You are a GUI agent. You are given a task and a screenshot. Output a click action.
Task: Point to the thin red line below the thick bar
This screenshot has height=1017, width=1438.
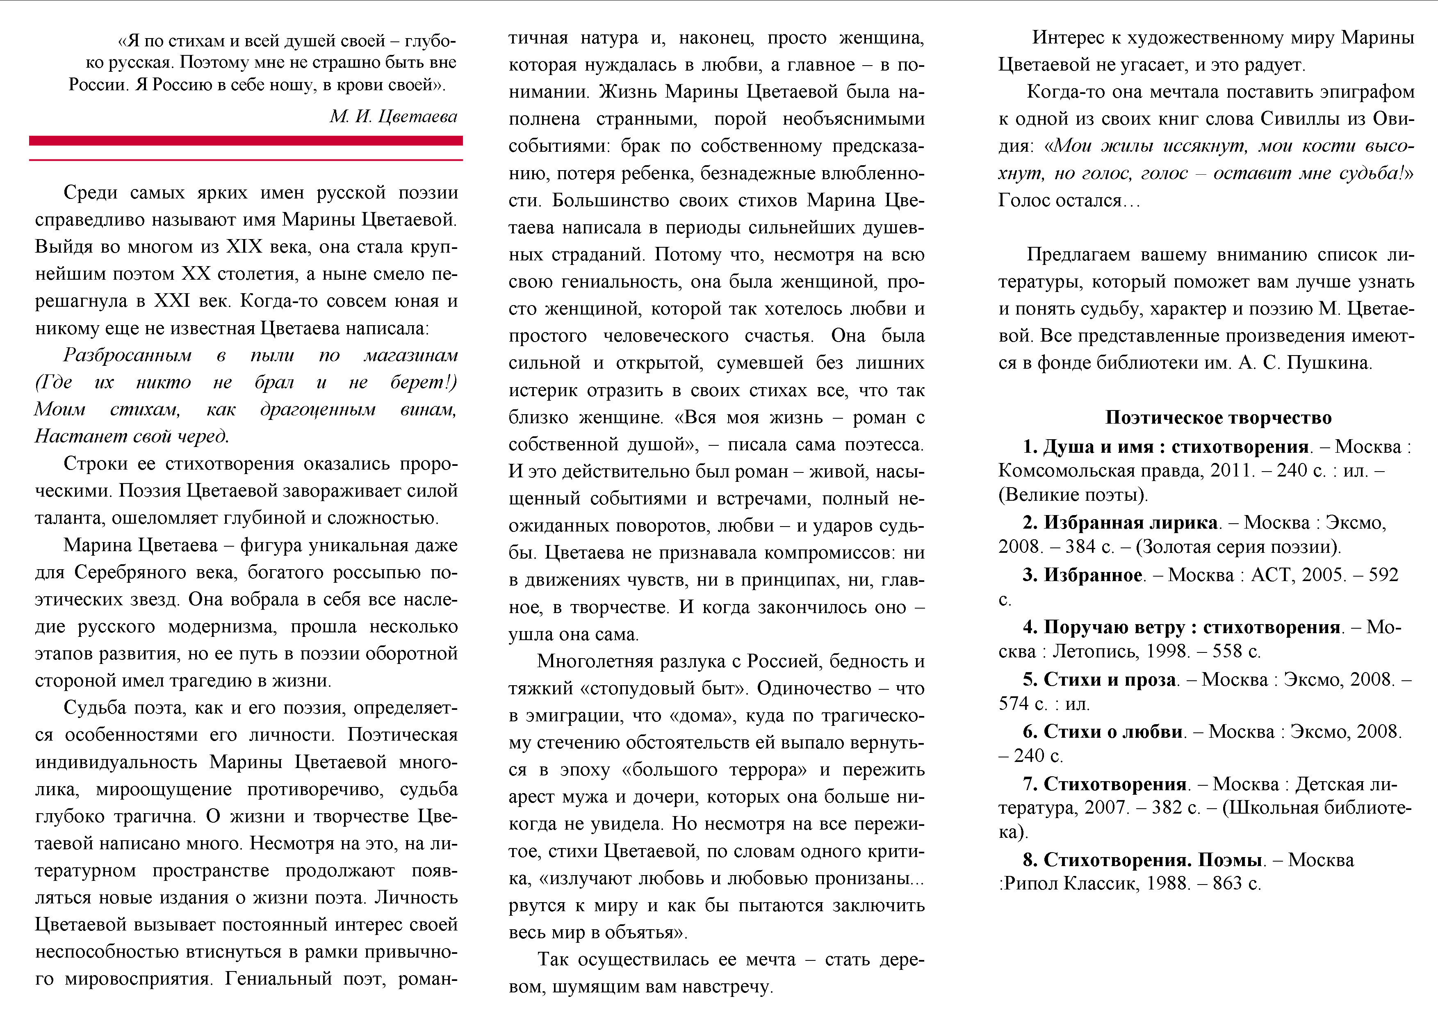pos(246,160)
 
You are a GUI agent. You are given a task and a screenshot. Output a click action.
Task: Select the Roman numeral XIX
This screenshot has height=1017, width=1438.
pos(244,247)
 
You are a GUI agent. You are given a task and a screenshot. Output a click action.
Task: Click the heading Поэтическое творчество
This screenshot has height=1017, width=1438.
pos(1218,418)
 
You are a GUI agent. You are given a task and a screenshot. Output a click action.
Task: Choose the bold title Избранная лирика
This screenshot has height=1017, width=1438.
pos(1130,522)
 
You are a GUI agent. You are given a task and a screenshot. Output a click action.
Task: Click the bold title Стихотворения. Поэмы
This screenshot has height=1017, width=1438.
pos(1152,860)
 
